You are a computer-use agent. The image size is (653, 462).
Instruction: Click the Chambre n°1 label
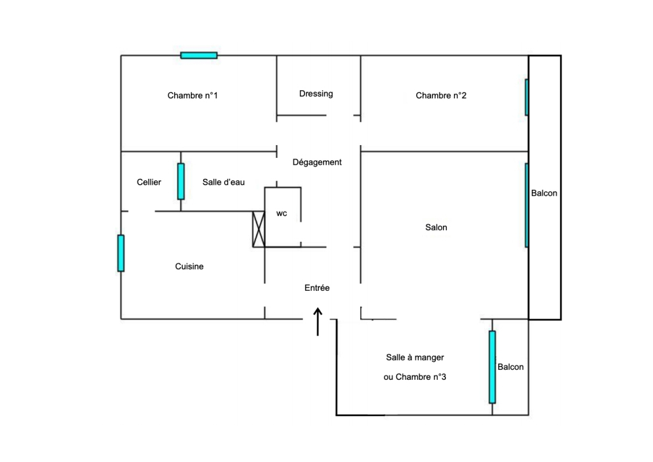tap(192, 96)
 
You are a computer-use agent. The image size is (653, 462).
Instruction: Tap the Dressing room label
tap(316, 93)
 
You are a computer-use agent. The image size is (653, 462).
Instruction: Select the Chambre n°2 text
tap(441, 96)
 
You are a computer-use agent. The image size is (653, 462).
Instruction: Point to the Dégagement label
tap(317, 163)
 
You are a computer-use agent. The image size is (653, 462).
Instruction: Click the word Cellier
tap(149, 182)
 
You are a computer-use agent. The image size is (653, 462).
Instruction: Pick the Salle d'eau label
tap(223, 182)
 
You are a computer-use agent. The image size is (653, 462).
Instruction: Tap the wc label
tap(282, 214)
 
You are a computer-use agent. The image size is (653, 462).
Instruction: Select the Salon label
tap(436, 227)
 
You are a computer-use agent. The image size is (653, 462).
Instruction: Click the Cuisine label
tap(189, 266)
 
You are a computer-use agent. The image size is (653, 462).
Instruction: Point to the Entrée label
tap(317, 288)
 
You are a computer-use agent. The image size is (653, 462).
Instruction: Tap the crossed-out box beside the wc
tap(258, 229)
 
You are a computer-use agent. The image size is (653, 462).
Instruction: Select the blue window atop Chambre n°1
tap(198, 55)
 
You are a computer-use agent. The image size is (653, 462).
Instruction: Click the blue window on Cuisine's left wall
tap(121, 253)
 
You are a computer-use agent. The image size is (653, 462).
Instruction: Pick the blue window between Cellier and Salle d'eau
tap(181, 181)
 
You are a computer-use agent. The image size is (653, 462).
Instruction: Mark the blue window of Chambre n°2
tap(527, 97)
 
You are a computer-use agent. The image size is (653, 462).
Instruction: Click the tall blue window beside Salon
tap(527, 205)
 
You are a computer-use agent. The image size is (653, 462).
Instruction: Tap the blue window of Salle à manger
tap(492, 367)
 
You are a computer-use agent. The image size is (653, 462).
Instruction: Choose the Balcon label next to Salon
tap(544, 193)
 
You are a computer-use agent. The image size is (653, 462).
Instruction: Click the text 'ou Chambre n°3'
tap(415, 377)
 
